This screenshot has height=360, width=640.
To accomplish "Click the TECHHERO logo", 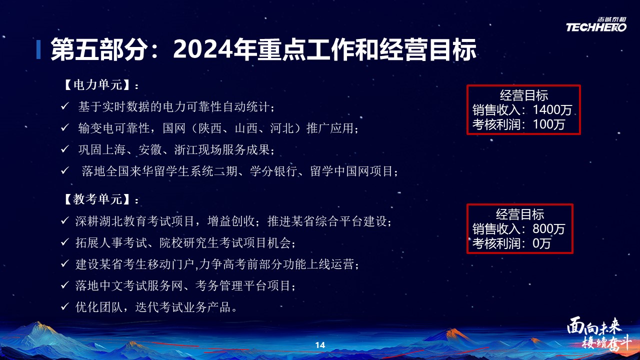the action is [x=596, y=24].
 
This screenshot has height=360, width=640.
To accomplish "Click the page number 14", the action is [x=320, y=345].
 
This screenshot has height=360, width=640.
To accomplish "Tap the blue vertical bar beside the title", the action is [x=38, y=49].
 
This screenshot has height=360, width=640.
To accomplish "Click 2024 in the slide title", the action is [x=203, y=49].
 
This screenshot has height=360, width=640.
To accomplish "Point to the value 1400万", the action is [x=552, y=110].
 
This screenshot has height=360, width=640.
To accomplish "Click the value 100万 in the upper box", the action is [x=549, y=124].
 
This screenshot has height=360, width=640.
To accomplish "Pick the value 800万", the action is [x=549, y=229].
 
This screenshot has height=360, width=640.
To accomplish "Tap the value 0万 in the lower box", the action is [x=541, y=243].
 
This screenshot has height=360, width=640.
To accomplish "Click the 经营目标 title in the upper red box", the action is [x=524, y=95].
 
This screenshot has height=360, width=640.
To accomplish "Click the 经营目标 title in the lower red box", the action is [x=520, y=214].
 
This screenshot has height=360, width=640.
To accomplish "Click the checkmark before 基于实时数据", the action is [x=65, y=106].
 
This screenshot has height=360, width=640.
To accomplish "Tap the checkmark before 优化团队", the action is [x=65, y=306].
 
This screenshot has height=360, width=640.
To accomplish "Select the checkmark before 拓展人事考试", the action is [x=65, y=242].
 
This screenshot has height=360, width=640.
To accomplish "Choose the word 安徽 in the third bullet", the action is [x=150, y=149].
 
